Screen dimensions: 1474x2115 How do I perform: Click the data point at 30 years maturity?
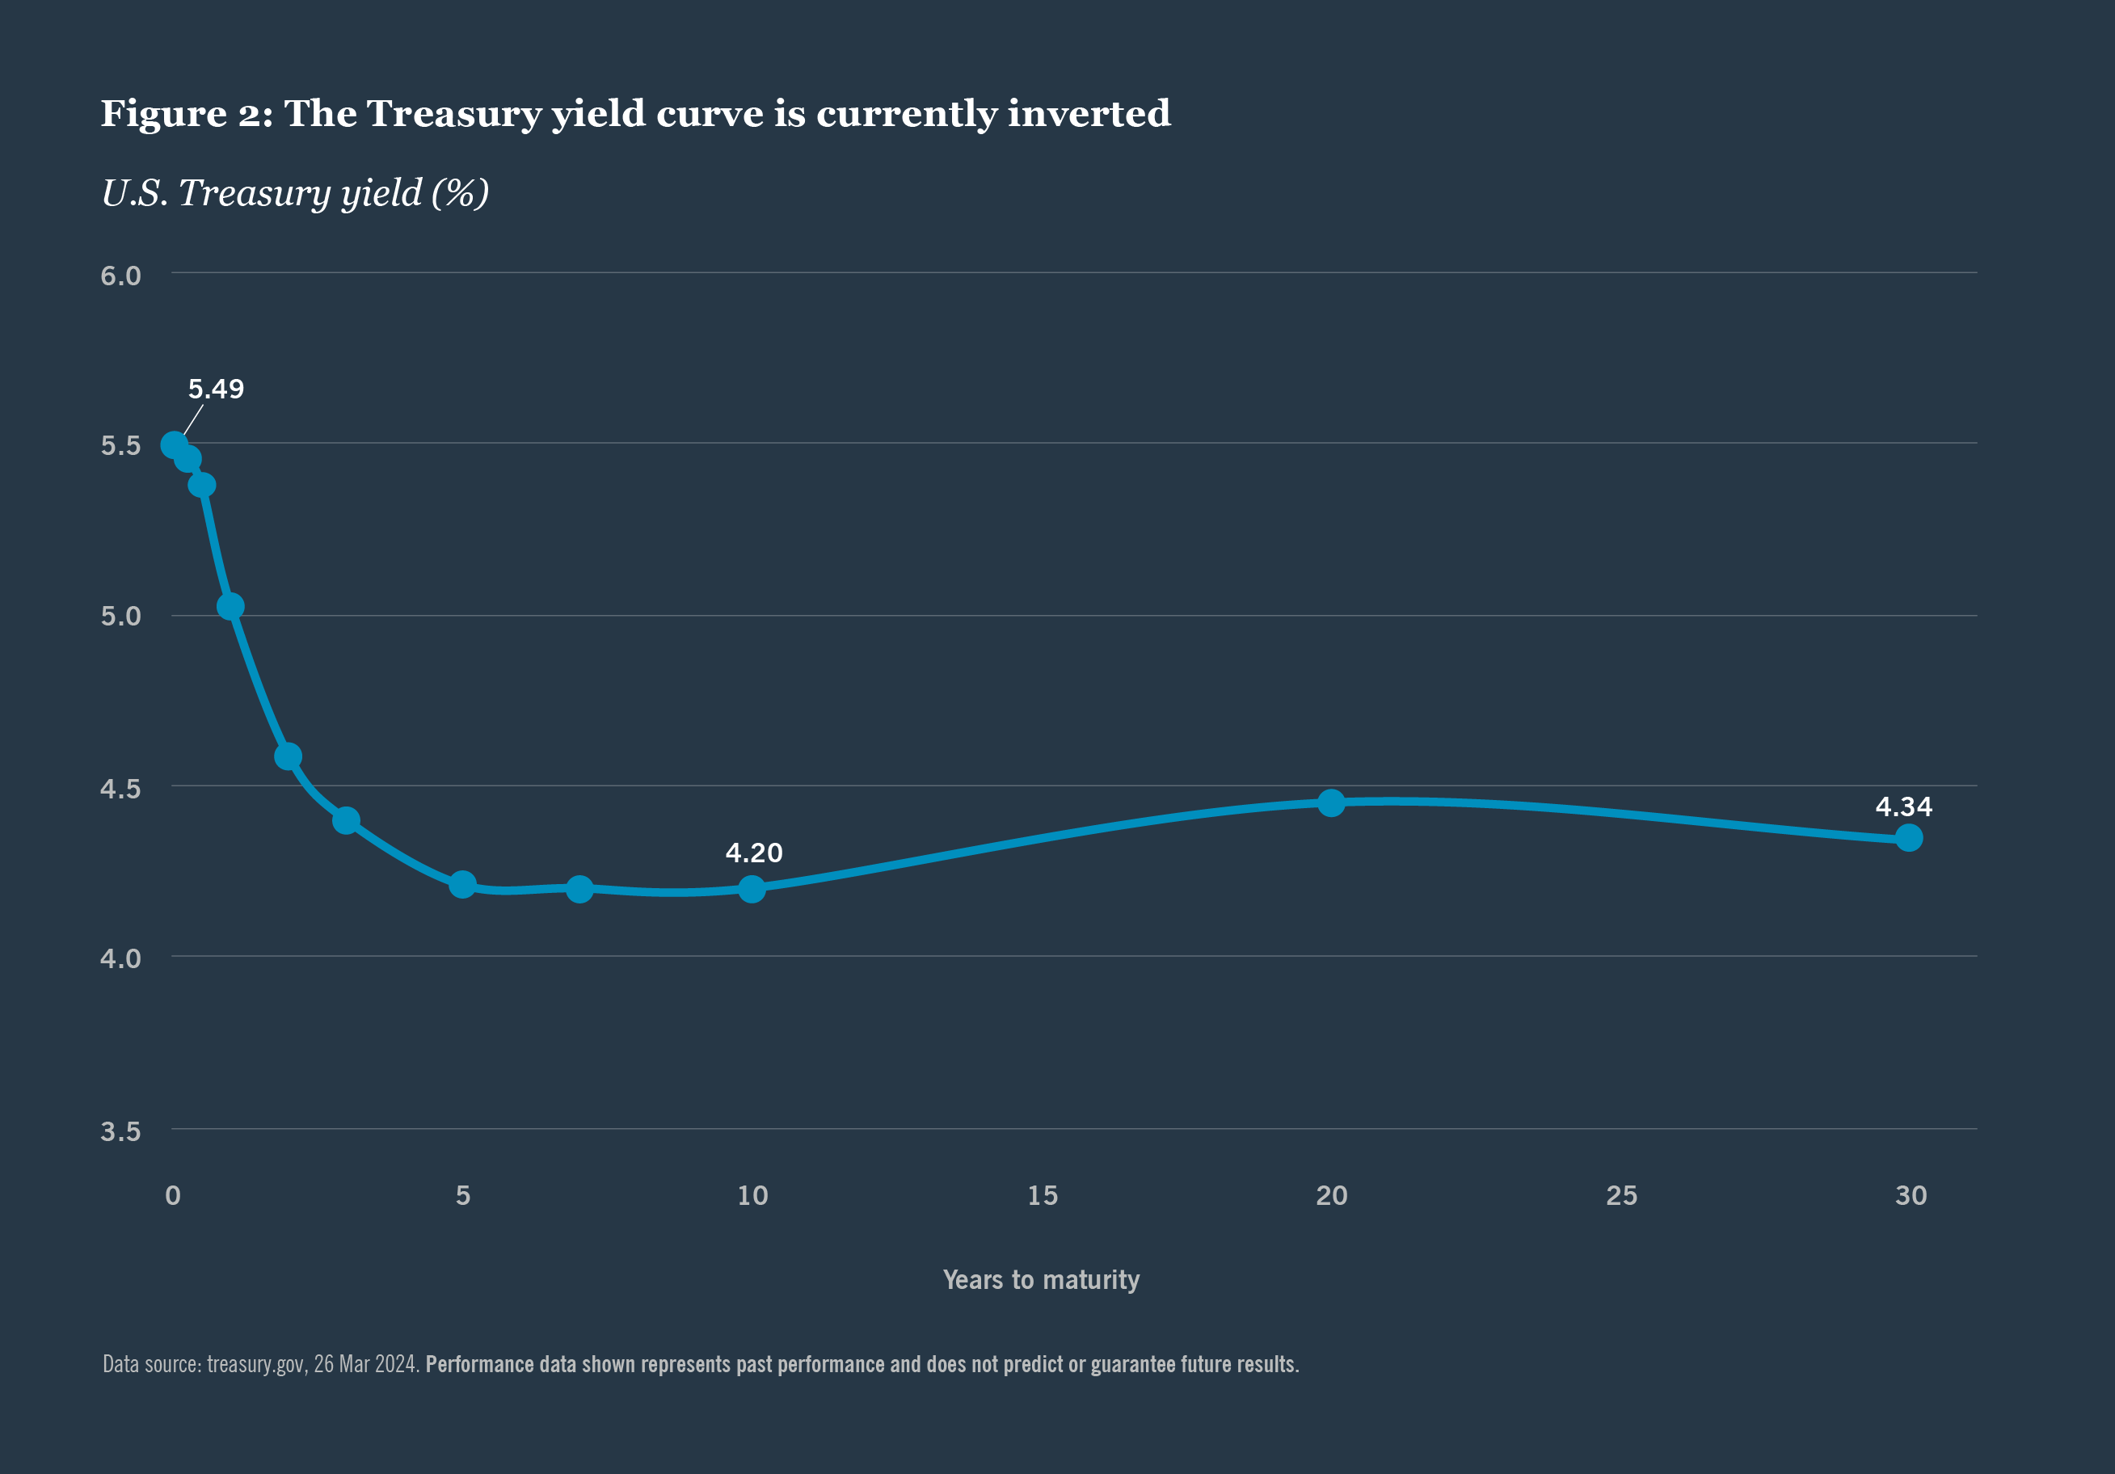pos(1909,837)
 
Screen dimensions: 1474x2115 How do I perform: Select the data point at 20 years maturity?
pos(1330,802)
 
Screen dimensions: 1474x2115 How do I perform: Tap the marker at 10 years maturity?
pos(752,889)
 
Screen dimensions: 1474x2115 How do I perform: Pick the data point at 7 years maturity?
pos(579,889)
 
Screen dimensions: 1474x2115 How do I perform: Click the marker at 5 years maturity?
pos(462,884)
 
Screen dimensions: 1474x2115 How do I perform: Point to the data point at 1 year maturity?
pos(230,606)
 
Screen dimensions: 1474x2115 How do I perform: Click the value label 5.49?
pos(216,389)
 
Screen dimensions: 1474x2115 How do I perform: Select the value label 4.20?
pos(753,853)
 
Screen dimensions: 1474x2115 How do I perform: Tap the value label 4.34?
pos(1903,807)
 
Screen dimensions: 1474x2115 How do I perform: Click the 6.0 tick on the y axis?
pos(120,276)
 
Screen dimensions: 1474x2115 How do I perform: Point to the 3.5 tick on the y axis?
pos(120,1131)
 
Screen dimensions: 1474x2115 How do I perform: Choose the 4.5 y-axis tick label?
pos(120,789)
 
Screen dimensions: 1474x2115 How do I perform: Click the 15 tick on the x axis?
pos(1042,1196)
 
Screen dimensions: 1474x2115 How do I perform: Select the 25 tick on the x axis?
pos(1621,1196)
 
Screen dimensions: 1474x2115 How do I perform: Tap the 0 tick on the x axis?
pos(172,1196)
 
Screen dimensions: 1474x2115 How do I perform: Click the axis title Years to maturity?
pos(1041,1279)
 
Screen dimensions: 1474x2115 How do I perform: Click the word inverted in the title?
pos(1088,113)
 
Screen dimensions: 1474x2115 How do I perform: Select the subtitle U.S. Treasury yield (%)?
pos(295,193)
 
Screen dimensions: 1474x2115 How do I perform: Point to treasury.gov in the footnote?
pos(256,1364)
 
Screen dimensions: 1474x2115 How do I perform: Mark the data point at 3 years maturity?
pos(345,820)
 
